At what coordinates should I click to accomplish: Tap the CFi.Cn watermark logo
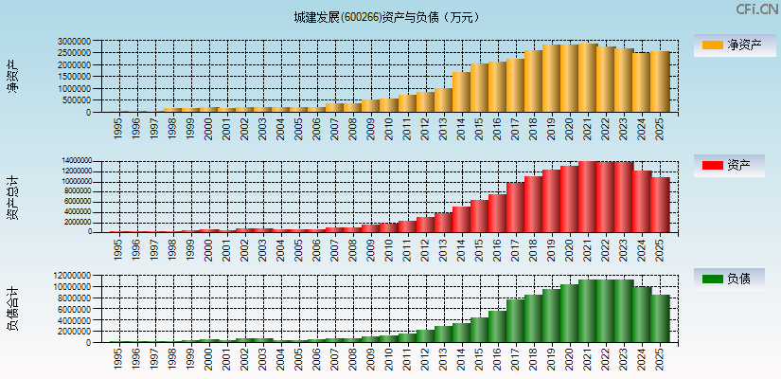click(756, 9)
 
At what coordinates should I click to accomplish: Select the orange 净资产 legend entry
click(729, 45)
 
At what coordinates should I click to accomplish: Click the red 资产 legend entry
click(729, 166)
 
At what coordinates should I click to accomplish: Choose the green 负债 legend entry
click(729, 279)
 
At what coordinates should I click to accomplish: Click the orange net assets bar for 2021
click(587, 78)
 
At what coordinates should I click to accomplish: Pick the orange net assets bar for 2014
click(461, 92)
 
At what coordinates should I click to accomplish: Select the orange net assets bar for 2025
click(660, 81)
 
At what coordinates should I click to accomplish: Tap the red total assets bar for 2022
click(606, 197)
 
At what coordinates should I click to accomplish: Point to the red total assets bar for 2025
click(660, 205)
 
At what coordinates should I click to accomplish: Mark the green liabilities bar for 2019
click(551, 316)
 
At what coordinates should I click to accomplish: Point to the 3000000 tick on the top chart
click(73, 42)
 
